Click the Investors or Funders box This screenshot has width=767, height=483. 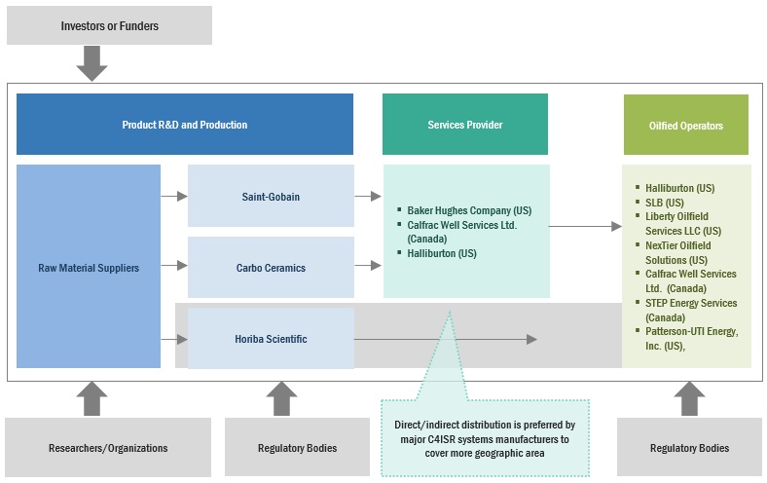tap(109, 24)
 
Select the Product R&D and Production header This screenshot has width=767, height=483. tap(184, 125)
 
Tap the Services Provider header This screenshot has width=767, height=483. tap(464, 125)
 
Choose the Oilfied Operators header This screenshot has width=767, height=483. tap(685, 125)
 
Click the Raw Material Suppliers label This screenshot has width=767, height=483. tap(89, 268)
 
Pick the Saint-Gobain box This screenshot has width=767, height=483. tap(271, 197)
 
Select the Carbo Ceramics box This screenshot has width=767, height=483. tap(271, 268)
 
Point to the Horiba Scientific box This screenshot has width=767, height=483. tap(271, 339)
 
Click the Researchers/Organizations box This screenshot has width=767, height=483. tap(108, 448)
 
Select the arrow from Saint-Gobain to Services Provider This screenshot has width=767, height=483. tap(368, 197)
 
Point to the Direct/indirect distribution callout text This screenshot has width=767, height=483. tap(486, 439)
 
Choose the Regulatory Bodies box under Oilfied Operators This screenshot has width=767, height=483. tap(689, 448)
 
